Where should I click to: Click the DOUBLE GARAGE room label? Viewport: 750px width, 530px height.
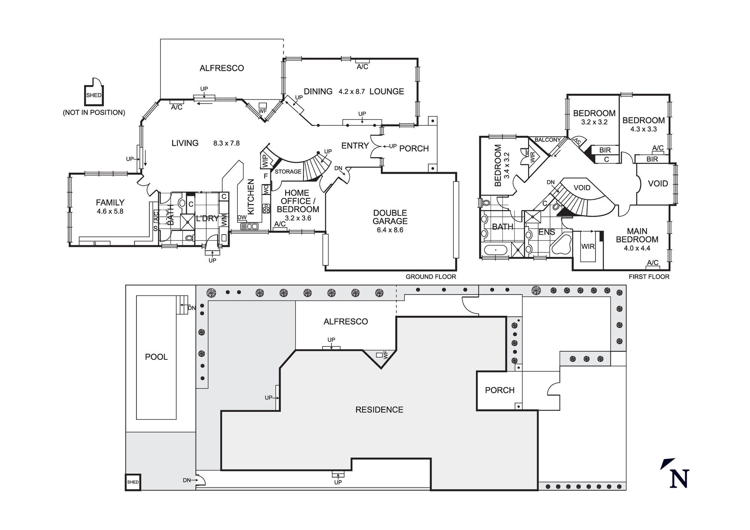coord(390,217)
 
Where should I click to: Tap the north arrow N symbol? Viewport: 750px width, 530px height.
coord(679,479)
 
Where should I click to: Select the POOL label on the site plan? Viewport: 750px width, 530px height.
coord(156,357)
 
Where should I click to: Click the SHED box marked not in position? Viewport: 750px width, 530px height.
coord(94,95)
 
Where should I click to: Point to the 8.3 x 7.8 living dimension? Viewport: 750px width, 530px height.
coord(226,143)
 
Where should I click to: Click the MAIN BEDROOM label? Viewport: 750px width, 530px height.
coord(637,235)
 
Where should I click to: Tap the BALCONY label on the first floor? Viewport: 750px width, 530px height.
coord(547,140)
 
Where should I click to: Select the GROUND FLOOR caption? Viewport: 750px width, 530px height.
coord(430,277)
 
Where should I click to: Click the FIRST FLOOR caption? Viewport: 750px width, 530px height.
coord(649,277)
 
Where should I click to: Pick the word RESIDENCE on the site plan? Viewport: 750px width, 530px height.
coord(379,410)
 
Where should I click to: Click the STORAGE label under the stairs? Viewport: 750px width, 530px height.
coord(288,171)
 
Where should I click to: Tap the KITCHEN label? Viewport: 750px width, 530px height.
coord(251,197)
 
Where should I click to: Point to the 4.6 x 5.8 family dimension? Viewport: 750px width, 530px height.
coord(110,212)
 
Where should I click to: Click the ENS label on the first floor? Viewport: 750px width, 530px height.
coord(546,232)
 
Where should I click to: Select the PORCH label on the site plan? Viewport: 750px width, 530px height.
coord(499,390)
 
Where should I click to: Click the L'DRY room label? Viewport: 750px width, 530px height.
coord(207,218)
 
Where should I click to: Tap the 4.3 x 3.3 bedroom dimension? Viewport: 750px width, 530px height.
coord(643,129)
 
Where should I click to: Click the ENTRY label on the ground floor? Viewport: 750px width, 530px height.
coord(355,146)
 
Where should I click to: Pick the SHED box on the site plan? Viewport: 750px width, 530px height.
coord(133,482)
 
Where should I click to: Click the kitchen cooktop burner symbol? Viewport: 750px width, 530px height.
coord(266,209)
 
